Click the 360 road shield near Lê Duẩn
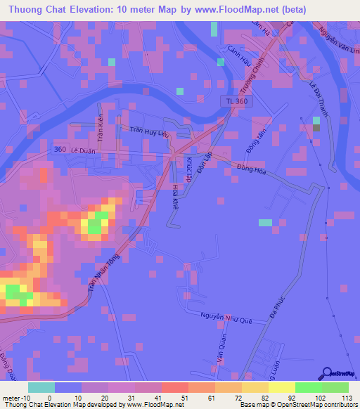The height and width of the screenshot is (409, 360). point(60,150)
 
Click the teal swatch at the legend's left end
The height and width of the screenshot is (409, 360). point(41,387)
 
